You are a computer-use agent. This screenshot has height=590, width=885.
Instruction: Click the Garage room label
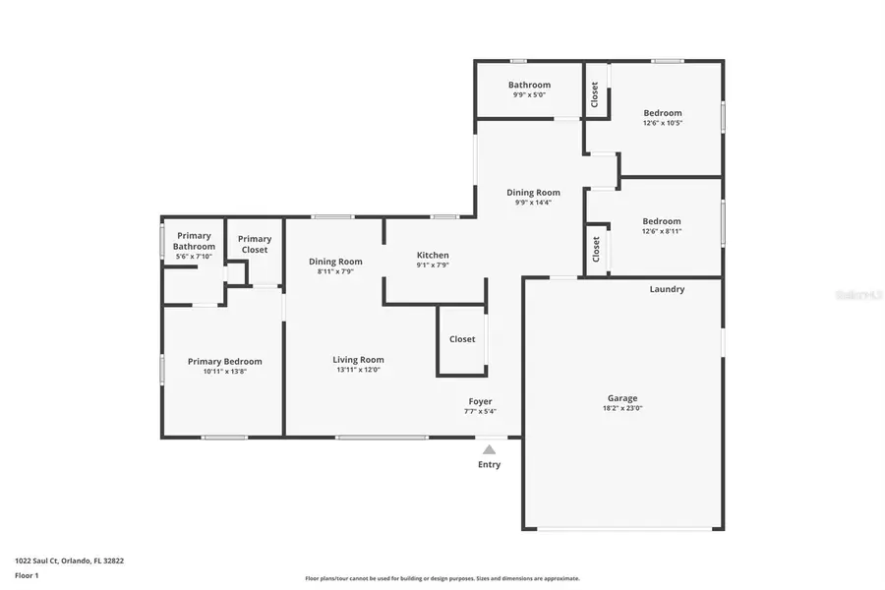621,398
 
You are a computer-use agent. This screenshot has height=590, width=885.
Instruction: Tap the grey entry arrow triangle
489,449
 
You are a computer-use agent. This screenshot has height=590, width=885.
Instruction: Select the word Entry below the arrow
489,464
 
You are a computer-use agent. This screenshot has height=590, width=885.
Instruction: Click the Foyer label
480,401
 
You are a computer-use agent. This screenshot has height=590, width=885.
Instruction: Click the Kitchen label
433,255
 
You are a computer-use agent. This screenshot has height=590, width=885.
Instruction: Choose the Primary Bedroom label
224,361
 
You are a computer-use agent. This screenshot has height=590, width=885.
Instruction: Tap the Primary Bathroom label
194,241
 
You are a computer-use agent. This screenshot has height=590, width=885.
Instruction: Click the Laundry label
667,289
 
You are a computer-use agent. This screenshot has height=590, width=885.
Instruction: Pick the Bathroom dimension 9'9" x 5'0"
529,95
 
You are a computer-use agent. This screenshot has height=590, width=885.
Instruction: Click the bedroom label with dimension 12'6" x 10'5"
662,112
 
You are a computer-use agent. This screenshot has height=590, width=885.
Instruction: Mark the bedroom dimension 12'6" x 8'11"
661,231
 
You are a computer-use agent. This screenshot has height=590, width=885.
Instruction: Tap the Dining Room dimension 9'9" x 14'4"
533,203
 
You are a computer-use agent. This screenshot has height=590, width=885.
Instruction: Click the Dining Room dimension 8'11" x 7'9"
335,271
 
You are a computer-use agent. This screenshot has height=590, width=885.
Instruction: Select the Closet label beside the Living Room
462,339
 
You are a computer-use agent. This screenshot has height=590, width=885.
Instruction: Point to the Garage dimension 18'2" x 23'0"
621,409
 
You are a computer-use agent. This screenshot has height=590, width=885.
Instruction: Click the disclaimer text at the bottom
442,578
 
